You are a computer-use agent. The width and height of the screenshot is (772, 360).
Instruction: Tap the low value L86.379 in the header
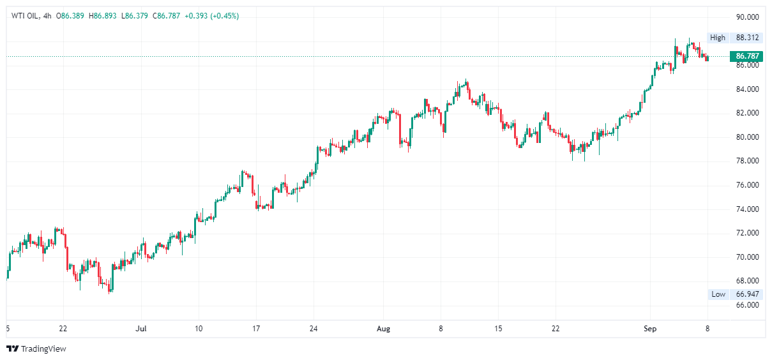(x=135, y=16)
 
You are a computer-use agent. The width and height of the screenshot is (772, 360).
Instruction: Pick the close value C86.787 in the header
(x=165, y=16)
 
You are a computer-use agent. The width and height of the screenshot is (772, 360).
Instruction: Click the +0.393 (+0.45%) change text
(x=211, y=16)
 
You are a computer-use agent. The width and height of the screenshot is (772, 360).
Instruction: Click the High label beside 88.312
(x=718, y=38)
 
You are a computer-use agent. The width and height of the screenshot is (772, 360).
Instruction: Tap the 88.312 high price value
(x=747, y=38)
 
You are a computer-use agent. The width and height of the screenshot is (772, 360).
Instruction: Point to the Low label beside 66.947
(x=718, y=294)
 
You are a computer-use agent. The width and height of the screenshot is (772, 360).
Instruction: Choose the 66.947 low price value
(x=747, y=294)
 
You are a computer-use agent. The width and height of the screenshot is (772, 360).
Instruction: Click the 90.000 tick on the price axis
(x=747, y=17)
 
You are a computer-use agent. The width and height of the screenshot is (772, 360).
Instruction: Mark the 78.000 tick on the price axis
(x=747, y=161)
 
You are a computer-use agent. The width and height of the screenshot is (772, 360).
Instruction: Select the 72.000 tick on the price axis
(x=747, y=233)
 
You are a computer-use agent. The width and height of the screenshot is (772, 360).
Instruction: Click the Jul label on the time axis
(x=141, y=329)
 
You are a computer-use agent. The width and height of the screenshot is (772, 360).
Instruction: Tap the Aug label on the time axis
(x=383, y=329)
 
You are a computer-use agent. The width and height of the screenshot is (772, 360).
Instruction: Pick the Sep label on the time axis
(x=650, y=329)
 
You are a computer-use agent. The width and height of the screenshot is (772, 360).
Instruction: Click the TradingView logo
(x=36, y=349)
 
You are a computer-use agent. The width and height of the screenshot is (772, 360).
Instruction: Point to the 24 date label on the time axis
(x=314, y=329)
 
